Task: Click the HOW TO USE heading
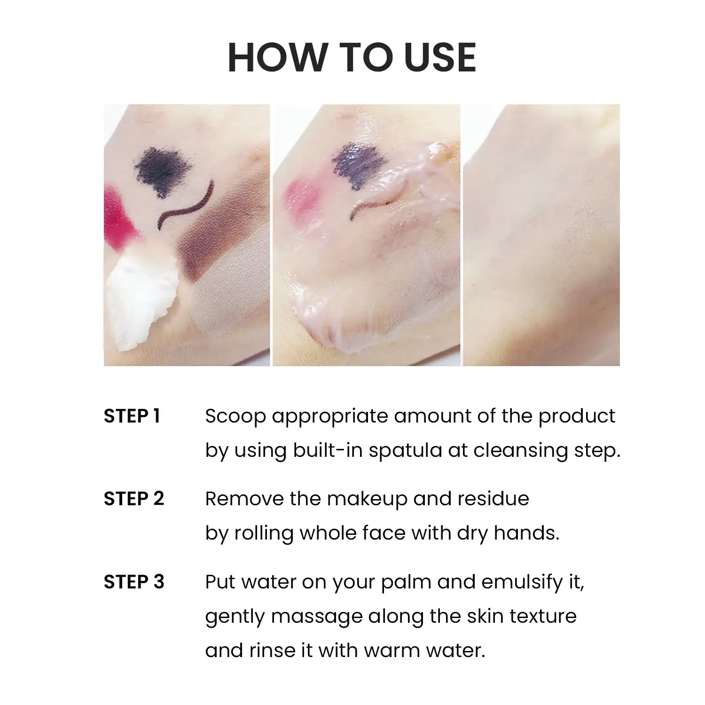pos(352,57)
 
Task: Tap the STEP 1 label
pos(132,416)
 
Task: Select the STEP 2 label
pos(134,499)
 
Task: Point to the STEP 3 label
pos(134,582)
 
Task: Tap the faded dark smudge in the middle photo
pos(355,162)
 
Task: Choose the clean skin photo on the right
pos(541,235)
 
